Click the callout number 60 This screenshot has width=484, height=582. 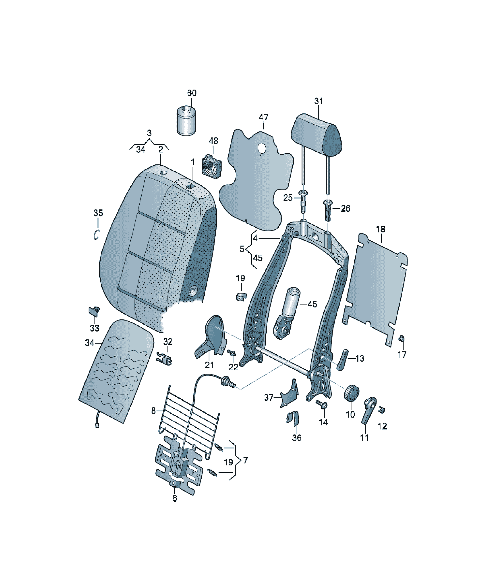[191, 93]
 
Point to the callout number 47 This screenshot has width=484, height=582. [263, 117]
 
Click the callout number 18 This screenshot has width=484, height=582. [380, 229]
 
